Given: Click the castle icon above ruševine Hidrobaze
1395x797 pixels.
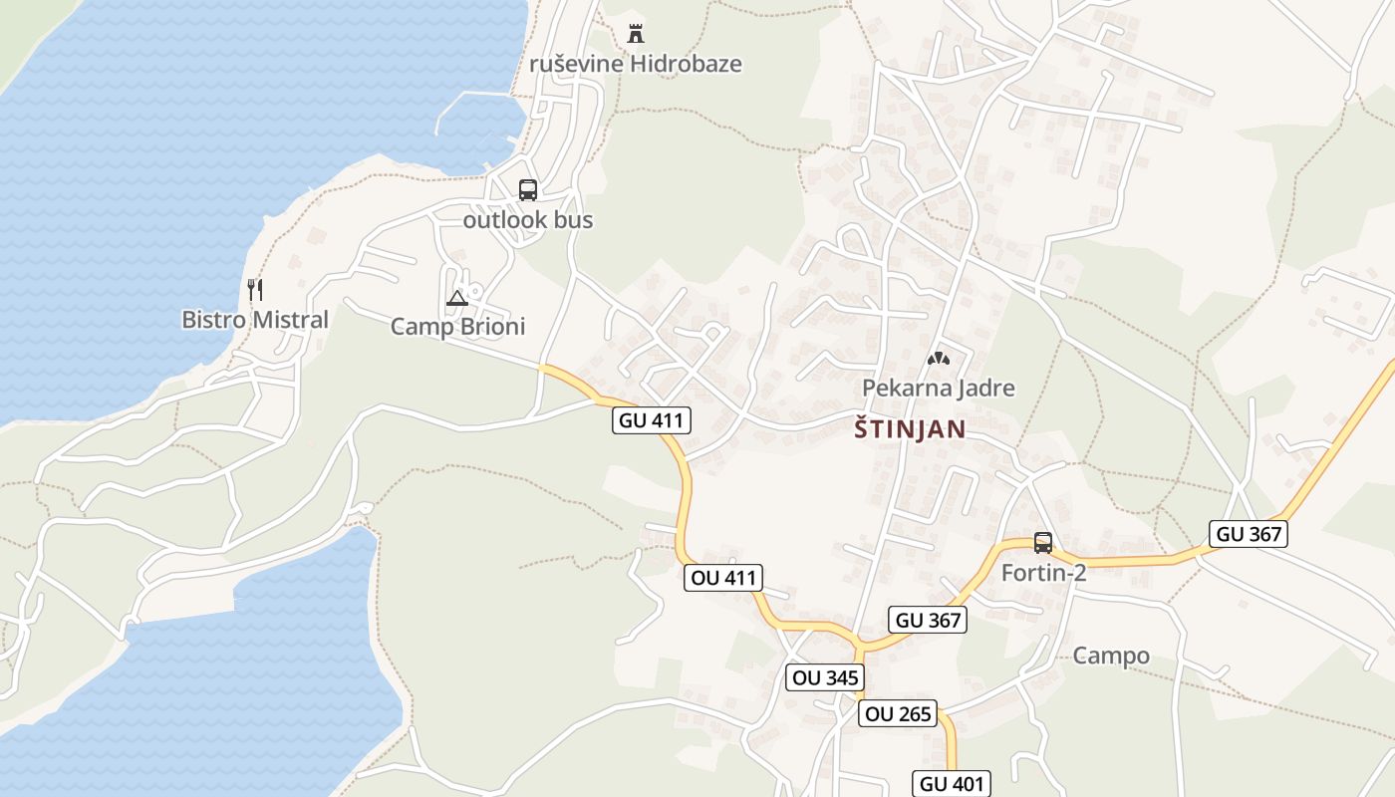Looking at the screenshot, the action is point(635,33).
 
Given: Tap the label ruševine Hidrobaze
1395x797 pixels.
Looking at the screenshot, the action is point(636,64).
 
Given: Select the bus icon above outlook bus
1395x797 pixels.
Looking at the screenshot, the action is point(527,190).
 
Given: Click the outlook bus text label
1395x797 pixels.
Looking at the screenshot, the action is point(527,220).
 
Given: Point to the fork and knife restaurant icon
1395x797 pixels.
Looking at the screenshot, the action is point(255,290).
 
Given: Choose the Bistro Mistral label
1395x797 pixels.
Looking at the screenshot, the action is point(254,320).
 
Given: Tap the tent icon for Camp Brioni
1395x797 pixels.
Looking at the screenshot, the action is point(456,297).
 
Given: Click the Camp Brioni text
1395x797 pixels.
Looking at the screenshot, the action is point(457,327).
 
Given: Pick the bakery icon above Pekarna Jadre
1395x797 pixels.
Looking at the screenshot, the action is point(938,358).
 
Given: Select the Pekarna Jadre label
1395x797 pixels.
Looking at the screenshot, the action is point(938,388).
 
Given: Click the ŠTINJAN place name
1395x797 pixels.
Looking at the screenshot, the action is point(911,429).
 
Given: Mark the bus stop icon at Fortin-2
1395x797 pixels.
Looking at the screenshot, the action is point(1042,543).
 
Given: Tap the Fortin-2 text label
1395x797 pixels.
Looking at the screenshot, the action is point(1042,573).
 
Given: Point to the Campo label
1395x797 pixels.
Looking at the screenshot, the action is point(1111,656).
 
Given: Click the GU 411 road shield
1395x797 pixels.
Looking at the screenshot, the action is point(651,420).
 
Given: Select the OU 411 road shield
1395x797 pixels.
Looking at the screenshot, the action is point(723,577).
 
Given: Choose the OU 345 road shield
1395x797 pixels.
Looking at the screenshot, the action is point(824,678).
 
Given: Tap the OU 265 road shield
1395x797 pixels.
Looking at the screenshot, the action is point(898,713).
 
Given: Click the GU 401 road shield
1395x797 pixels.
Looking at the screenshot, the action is point(951,783).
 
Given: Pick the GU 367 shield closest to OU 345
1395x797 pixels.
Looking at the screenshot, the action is point(928,620).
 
